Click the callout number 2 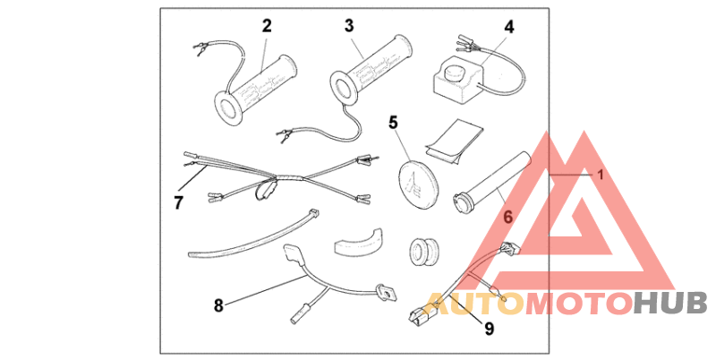click(266, 26)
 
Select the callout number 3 click(350, 26)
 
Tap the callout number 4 click(508, 27)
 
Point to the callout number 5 click(391, 123)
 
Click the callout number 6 click(507, 217)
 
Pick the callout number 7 click(178, 202)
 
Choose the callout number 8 click(217, 305)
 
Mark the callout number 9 click(489, 329)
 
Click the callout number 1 click(601, 176)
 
